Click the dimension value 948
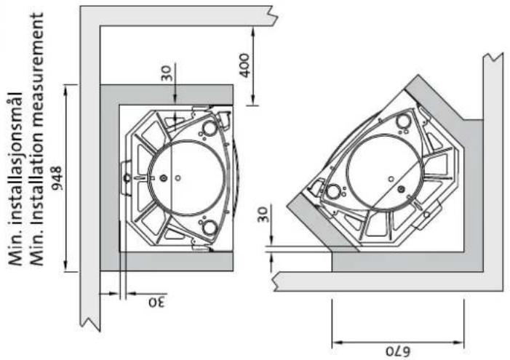(x=57, y=178)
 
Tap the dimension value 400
(x=244, y=65)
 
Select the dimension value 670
(x=398, y=351)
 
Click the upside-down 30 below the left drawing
(x=157, y=303)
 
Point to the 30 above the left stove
(x=166, y=74)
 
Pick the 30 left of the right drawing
(x=263, y=215)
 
